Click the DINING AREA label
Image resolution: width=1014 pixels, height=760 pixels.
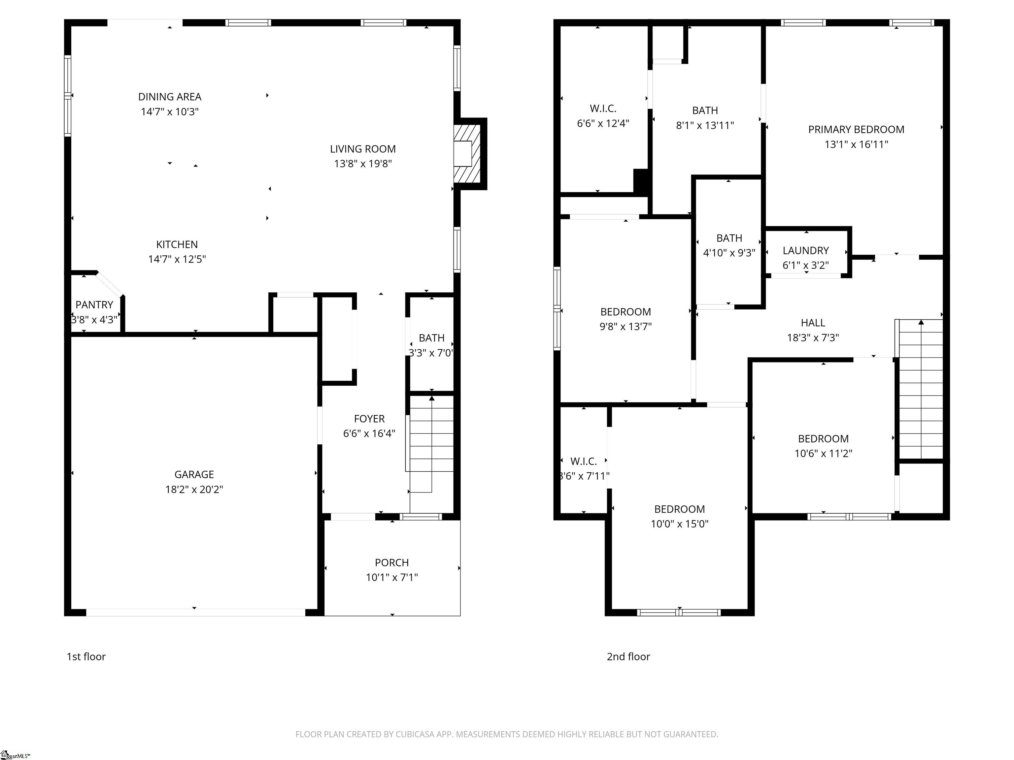coord(170,97)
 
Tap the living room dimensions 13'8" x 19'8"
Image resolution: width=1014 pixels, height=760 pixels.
coord(363,164)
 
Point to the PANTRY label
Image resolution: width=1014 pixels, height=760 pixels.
coord(94,305)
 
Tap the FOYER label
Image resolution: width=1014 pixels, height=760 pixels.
coord(369,419)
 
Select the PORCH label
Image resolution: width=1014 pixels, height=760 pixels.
coord(391,562)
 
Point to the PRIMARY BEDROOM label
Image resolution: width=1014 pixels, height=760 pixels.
coord(856,130)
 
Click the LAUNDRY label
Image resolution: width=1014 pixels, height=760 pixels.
coord(805,251)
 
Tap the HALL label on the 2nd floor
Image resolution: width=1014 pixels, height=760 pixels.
coord(813,323)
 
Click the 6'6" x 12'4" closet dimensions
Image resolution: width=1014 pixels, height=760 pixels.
coord(603,123)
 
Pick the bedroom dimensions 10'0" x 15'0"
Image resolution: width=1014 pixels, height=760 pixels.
coord(679,523)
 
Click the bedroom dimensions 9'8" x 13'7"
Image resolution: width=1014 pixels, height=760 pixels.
coord(625,326)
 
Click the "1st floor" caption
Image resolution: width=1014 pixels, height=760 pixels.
coord(86,656)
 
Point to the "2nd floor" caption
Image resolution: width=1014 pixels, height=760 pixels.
coord(628,656)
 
